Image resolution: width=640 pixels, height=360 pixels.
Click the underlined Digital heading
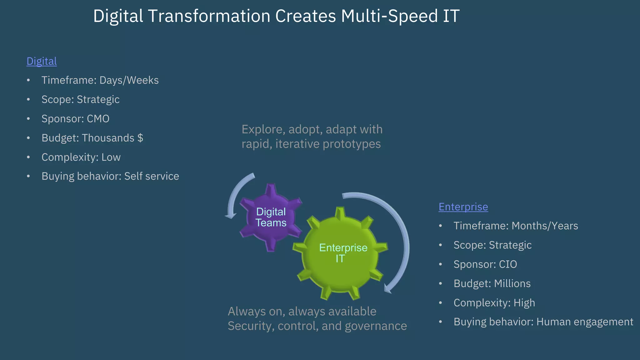pyautogui.click(x=42, y=61)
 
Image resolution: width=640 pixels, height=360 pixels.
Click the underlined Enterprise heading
pyautogui.click(x=463, y=207)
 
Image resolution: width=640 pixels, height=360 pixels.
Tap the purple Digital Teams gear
pyautogui.click(x=271, y=217)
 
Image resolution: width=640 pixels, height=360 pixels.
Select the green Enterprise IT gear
pyautogui.click(x=341, y=253)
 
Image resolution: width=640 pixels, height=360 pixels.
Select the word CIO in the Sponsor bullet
pyautogui.click(x=508, y=264)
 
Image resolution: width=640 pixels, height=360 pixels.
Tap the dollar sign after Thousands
pyautogui.click(x=140, y=138)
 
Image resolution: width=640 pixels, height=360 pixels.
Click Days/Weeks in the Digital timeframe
pyautogui.click(x=129, y=80)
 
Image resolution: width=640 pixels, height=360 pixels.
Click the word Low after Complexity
pyautogui.click(x=111, y=157)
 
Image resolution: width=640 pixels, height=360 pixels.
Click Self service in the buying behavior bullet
pyautogui.click(x=152, y=176)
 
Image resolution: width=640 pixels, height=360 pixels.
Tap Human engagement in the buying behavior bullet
pyautogui.click(x=584, y=322)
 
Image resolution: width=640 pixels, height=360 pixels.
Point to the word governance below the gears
pyautogui.click(x=376, y=326)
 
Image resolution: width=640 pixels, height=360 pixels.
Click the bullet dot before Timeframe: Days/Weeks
pyautogui.click(x=28, y=80)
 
